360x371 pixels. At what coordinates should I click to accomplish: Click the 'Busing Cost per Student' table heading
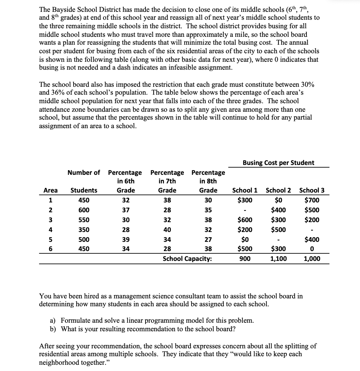click(x=278, y=163)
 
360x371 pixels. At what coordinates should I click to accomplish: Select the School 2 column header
click(x=278, y=190)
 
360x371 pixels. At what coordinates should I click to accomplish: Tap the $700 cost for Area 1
click(x=312, y=200)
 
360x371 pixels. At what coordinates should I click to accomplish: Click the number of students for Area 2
click(x=84, y=210)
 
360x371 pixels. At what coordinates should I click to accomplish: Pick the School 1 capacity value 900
click(x=245, y=259)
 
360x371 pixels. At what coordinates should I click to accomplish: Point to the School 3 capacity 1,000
click(x=312, y=259)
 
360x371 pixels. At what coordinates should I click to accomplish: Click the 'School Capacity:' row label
click(x=187, y=259)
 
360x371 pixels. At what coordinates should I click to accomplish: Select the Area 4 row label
click(x=50, y=230)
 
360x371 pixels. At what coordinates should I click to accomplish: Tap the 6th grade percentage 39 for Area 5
click(x=126, y=240)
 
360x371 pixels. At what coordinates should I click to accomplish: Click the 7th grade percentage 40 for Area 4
click(x=167, y=230)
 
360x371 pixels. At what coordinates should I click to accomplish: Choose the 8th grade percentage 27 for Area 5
click(x=208, y=240)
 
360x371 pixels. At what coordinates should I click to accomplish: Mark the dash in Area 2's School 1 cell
click(x=245, y=210)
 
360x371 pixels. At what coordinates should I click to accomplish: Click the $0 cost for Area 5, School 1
click(x=245, y=240)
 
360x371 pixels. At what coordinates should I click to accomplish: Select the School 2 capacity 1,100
click(x=278, y=259)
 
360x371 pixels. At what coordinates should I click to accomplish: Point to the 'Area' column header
click(x=50, y=190)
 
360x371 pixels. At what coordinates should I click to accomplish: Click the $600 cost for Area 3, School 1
click(x=245, y=220)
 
